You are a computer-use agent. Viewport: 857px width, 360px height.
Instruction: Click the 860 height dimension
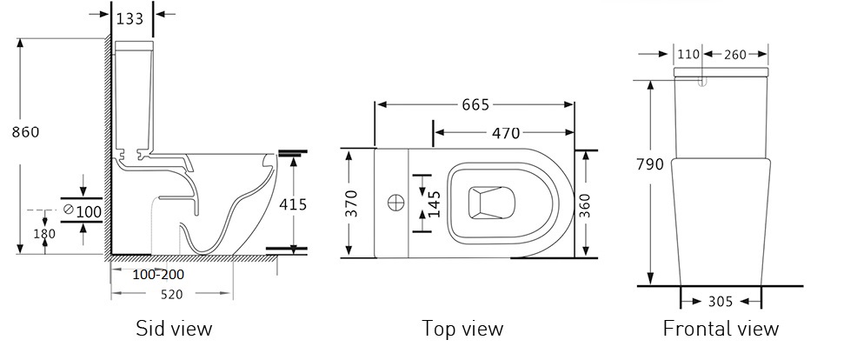[26, 132]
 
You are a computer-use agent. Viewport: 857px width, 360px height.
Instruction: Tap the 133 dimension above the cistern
[130, 18]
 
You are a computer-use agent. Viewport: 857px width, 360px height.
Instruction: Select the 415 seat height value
[293, 204]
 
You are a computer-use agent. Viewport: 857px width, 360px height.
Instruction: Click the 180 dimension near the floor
[44, 234]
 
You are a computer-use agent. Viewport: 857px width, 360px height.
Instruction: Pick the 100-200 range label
[158, 274]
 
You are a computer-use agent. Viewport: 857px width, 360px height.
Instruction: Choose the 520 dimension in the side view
[171, 294]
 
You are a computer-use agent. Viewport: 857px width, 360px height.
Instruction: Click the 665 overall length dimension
[475, 104]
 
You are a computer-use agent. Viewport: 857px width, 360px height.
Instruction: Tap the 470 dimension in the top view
[506, 132]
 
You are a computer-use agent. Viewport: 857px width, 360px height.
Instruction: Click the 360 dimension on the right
[585, 204]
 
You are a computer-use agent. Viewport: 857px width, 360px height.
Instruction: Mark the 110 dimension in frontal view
[688, 54]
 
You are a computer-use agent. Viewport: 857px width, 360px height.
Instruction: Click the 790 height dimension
[650, 164]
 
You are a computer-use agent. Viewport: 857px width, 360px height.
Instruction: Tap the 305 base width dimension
[721, 302]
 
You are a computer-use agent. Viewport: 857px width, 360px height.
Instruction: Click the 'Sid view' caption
[174, 329]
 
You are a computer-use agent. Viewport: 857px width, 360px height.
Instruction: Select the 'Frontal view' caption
[721, 329]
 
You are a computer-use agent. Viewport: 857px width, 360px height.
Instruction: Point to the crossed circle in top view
[396, 203]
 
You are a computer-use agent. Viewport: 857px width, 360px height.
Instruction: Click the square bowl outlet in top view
[492, 203]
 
